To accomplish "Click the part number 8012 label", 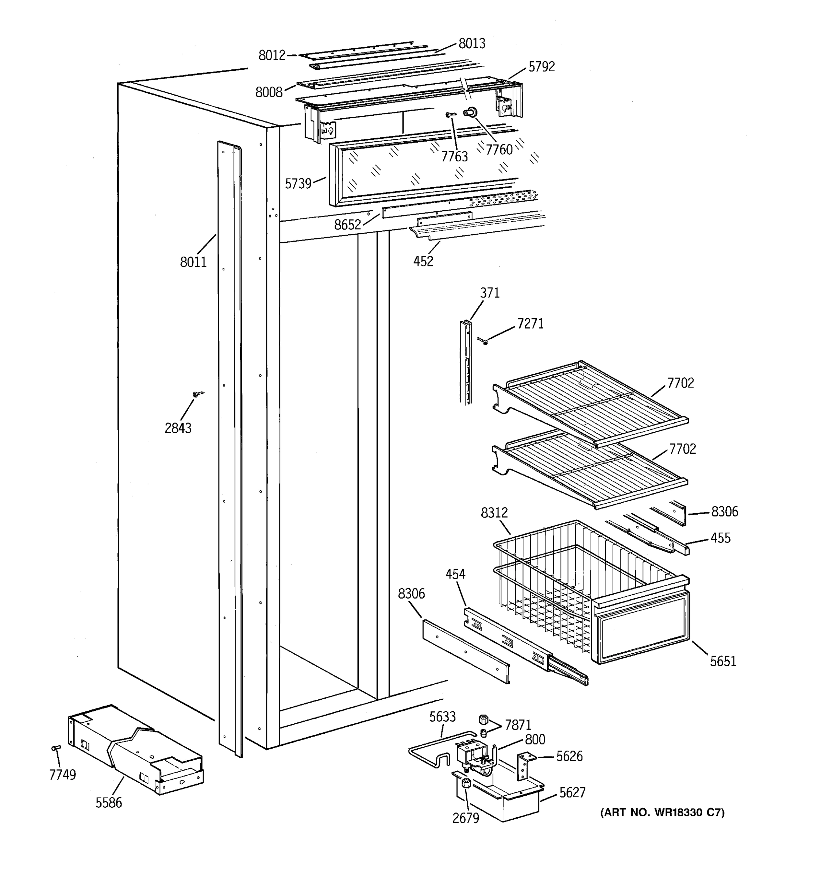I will click(x=272, y=55).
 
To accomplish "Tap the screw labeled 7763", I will click(x=451, y=115).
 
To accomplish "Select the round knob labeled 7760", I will click(x=471, y=113).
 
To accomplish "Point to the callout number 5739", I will click(x=298, y=184).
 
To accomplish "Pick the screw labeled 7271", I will click(x=483, y=341).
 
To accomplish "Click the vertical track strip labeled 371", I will click(x=466, y=361).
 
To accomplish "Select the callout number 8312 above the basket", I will click(x=494, y=512).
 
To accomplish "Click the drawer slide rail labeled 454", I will click(x=524, y=644).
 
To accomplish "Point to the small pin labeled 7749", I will click(x=56, y=748).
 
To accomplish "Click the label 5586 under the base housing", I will click(x=108, y=802).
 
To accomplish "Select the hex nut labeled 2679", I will click(x=466, y=783).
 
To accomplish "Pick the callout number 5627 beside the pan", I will click(x=572, y=793).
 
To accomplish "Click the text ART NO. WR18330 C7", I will click(x=662, y=812).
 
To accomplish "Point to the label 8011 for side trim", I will click(x=193, y=262).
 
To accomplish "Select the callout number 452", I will click(x=423, y=261).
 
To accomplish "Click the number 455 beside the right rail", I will click(x=720, y=538).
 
